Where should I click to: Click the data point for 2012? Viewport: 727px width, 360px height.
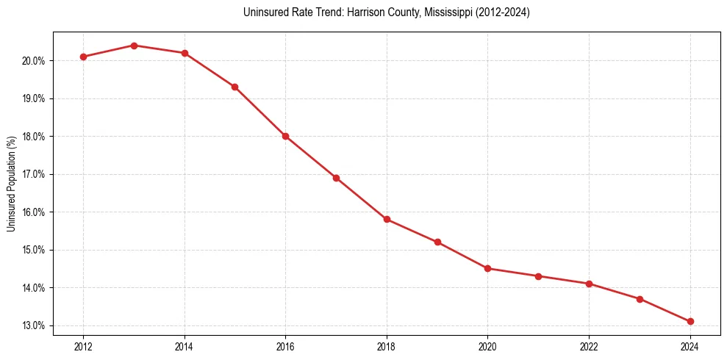coord(83,57)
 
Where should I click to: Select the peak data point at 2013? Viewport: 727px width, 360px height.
coord(134,46)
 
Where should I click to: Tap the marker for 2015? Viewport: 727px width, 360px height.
coord(234,87)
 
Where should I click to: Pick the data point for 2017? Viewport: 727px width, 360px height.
coord(336,178)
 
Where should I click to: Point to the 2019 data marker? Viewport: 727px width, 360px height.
coord(437,242)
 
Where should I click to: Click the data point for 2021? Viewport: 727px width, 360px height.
coord(539,276)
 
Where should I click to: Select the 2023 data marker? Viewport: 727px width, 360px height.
coord(640,299)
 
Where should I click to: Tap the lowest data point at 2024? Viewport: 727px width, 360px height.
coord(690,321)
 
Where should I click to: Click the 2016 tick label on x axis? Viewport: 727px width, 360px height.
coord(285,346)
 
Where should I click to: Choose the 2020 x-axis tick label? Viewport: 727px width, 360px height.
coord(488,346)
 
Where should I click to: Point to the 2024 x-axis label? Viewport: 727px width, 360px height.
coord(690,346)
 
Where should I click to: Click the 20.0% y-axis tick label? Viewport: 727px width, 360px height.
coord(35,61)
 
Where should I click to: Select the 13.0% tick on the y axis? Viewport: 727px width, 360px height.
coord(35,325)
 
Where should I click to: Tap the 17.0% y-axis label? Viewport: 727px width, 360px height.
coord(35,174)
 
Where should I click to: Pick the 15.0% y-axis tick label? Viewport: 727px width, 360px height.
coord(35,250)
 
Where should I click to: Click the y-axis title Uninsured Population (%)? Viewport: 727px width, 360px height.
coord(12,184)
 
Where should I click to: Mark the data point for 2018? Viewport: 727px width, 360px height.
coord(387,219)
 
